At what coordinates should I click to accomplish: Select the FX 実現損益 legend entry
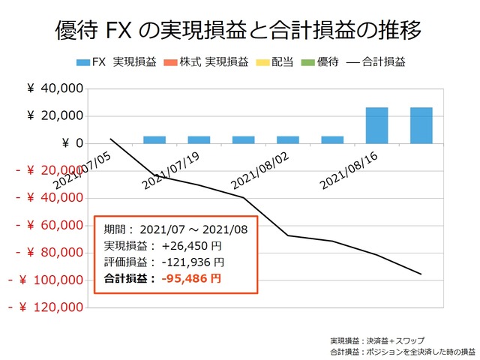point(116,64)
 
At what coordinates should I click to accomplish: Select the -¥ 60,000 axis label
point(46,225)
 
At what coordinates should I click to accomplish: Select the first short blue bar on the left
point(154,139)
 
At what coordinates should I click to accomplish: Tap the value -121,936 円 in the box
point(191,262)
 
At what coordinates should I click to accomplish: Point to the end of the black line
point(421,274)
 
